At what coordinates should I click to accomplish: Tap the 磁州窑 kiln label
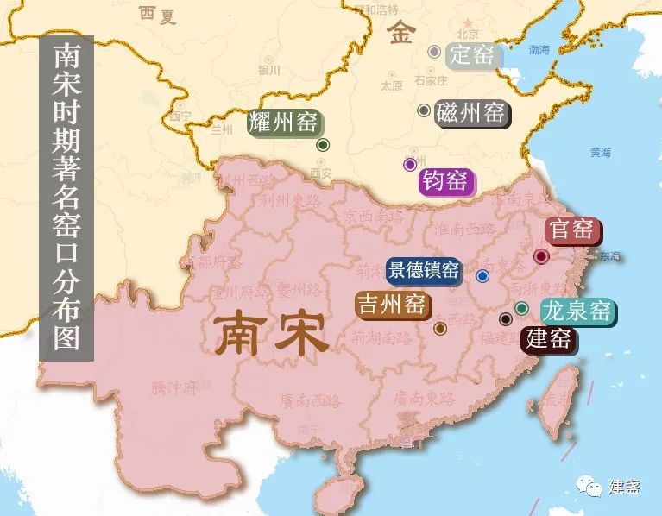tap(471, 113)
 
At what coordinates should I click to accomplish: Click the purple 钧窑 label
tap(444, 181)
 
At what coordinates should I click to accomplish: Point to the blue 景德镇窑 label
tap(423, 270)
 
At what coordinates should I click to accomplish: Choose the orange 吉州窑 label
tap(393, 304)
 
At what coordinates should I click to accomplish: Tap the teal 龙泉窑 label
tap(577, 311)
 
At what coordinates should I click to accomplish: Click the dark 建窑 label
tap(548, 338)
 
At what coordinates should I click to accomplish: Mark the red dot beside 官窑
tap(541, 256)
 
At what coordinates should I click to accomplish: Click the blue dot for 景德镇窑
tap(482, 276)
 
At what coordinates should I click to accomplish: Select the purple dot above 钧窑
tap(410, 164)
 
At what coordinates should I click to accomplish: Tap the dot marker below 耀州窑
tap(322, 145)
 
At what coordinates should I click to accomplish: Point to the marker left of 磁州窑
tap(424, 110)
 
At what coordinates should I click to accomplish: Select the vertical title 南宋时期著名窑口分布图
tap(66, 198)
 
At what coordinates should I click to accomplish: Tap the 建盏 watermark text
tap(624, 488)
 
